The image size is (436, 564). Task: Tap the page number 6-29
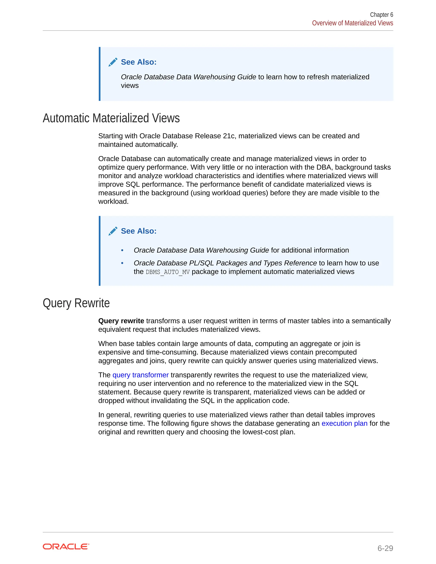(385, 548)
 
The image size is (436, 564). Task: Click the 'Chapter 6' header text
(381, 15)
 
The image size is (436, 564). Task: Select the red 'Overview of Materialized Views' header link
(352, 23)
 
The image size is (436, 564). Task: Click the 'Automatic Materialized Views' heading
(111, 118)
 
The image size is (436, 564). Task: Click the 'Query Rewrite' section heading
(76, 303)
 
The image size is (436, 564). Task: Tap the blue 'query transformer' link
(141, 375)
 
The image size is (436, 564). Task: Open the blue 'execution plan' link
(344, 423)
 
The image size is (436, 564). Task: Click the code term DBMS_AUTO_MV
(168, 272)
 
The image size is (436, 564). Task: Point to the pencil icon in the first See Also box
(113, 62)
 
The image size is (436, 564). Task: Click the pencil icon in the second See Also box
(113, 231)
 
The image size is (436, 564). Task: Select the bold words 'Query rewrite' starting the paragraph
(121, 321)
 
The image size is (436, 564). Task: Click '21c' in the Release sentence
(229, 136)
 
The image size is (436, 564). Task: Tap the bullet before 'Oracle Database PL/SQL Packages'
(122, 263)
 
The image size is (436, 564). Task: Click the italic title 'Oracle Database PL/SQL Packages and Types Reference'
(225, 263)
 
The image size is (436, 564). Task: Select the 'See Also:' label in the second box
(139, 231)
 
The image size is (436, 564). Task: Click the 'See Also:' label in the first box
(139, 62)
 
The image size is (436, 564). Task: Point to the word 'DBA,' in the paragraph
(324, 167)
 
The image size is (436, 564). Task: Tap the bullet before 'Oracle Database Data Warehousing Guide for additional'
(122, 250)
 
